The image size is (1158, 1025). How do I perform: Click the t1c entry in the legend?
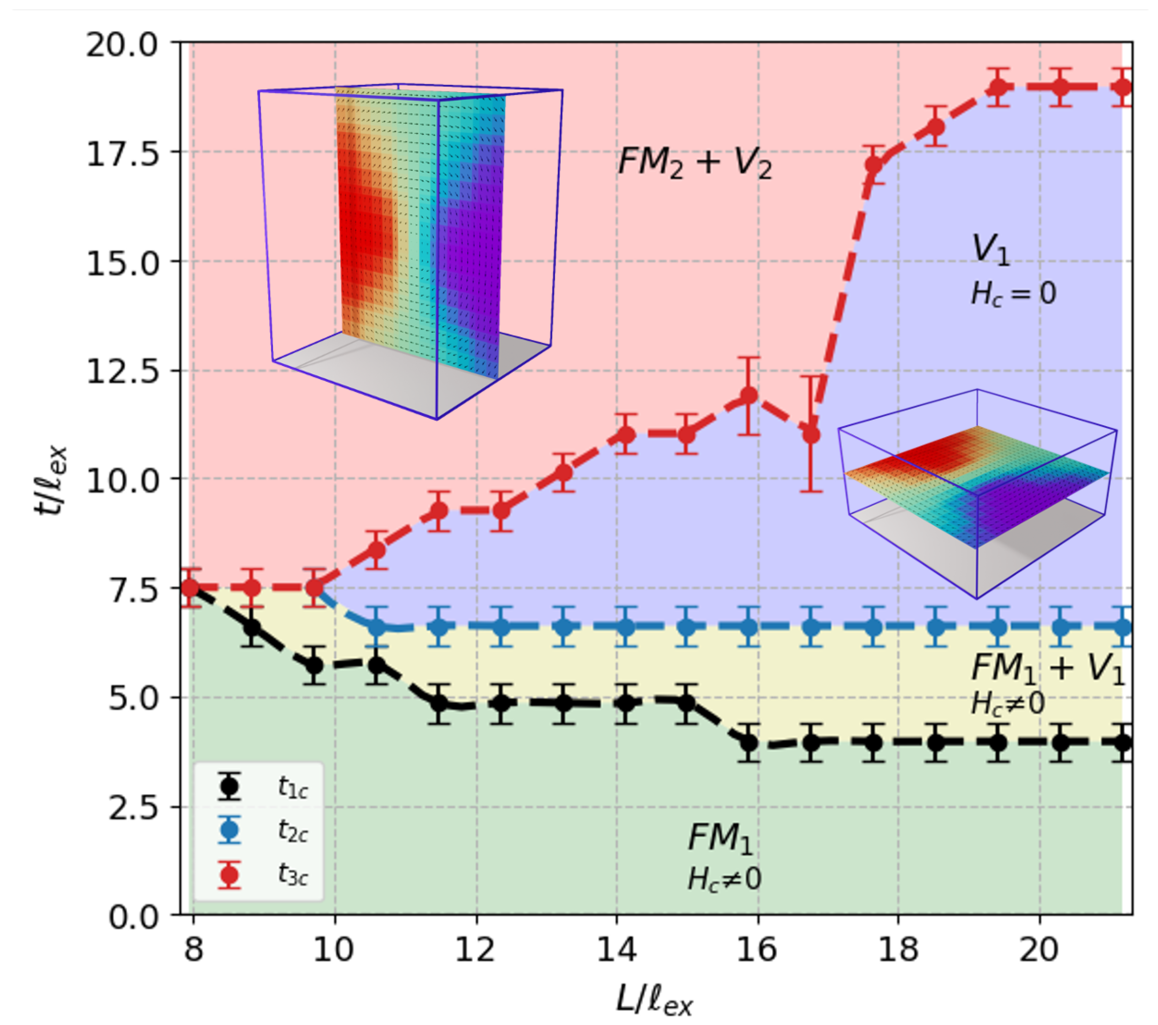[x=258, y=786]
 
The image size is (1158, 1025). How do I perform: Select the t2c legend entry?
[x=258, y=831]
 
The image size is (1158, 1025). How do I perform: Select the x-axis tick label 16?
[x=756, y=948]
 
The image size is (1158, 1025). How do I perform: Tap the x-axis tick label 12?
[x=475, y=948]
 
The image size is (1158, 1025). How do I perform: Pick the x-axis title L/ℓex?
[x=654, y=998]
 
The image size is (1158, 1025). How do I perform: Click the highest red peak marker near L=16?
[x=749, y=395]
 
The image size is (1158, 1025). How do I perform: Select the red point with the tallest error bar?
[x=811, y=434]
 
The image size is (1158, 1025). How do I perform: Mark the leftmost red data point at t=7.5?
[x=191, y=588]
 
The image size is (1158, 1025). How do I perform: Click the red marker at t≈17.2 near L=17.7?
[x=874, y=165]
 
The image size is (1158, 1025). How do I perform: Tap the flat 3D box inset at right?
[x=977, y=493]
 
